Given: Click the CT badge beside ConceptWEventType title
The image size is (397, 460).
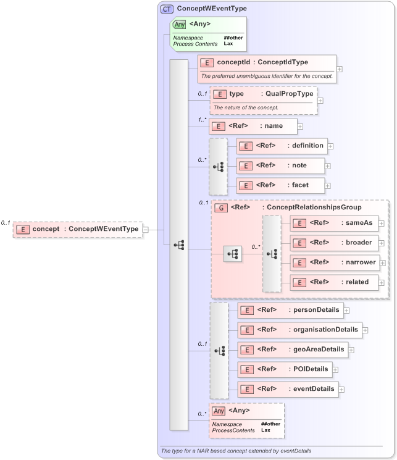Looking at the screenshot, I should tap(167, 9).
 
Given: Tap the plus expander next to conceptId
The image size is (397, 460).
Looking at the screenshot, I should tap(340, 69).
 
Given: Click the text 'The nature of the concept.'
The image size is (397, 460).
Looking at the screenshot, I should tap(246, 107).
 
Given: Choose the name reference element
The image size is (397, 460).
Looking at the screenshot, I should tap(253, 126).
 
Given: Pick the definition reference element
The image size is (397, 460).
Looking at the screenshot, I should tap(282, 146).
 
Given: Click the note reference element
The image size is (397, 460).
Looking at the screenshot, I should tap(281, 165).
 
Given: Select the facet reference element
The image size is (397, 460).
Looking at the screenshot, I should tap(281, 185).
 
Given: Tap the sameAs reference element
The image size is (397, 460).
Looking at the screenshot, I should tap(333, 223).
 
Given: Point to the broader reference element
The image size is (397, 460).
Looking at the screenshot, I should tap(333, 243).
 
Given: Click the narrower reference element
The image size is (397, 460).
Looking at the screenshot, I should tap(334, 262).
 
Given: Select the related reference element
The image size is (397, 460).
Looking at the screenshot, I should tap(333, 282).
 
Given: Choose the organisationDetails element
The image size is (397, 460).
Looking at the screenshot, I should tap(299, 330).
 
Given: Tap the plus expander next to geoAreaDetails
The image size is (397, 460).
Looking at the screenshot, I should tap(351, 350).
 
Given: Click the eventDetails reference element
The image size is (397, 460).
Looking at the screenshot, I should tap(288, 389).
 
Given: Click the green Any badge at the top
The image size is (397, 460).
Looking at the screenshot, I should tap(179, 25).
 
